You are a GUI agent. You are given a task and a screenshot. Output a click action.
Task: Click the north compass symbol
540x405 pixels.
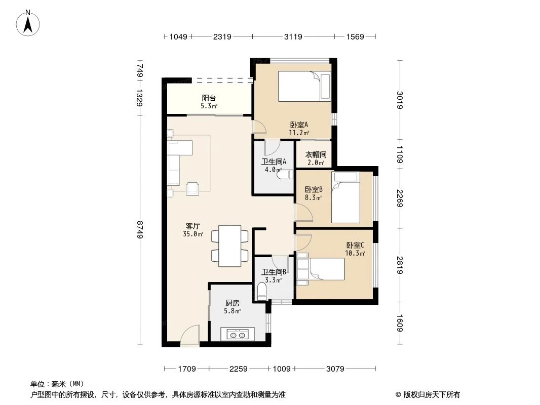tap(29, 23)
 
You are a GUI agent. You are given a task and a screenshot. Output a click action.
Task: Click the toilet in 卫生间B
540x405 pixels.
tap(262, 291)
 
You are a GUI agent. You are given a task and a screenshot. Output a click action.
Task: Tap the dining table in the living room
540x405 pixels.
tap(230, 246)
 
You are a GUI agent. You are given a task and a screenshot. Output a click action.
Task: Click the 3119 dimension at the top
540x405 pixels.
tap(293, 37)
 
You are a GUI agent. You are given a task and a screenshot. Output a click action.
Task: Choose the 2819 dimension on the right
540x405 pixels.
tap(400, 264)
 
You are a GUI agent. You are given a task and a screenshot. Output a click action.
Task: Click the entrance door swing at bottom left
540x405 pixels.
tap(190, 336)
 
